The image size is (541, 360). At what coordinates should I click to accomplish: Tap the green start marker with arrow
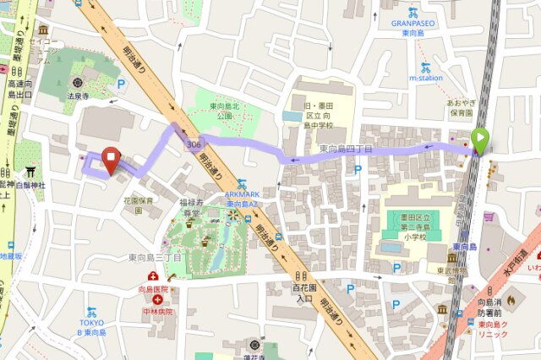480,140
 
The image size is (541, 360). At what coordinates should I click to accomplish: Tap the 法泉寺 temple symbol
78,83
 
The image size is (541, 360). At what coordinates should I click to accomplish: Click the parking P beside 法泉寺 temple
121,84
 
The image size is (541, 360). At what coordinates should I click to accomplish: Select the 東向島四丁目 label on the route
346,149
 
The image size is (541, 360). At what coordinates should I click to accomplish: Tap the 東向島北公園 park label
226,112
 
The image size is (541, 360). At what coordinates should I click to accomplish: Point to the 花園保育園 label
138,205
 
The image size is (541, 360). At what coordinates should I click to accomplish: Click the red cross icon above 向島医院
153,276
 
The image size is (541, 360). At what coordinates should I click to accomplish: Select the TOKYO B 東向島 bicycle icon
91,313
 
